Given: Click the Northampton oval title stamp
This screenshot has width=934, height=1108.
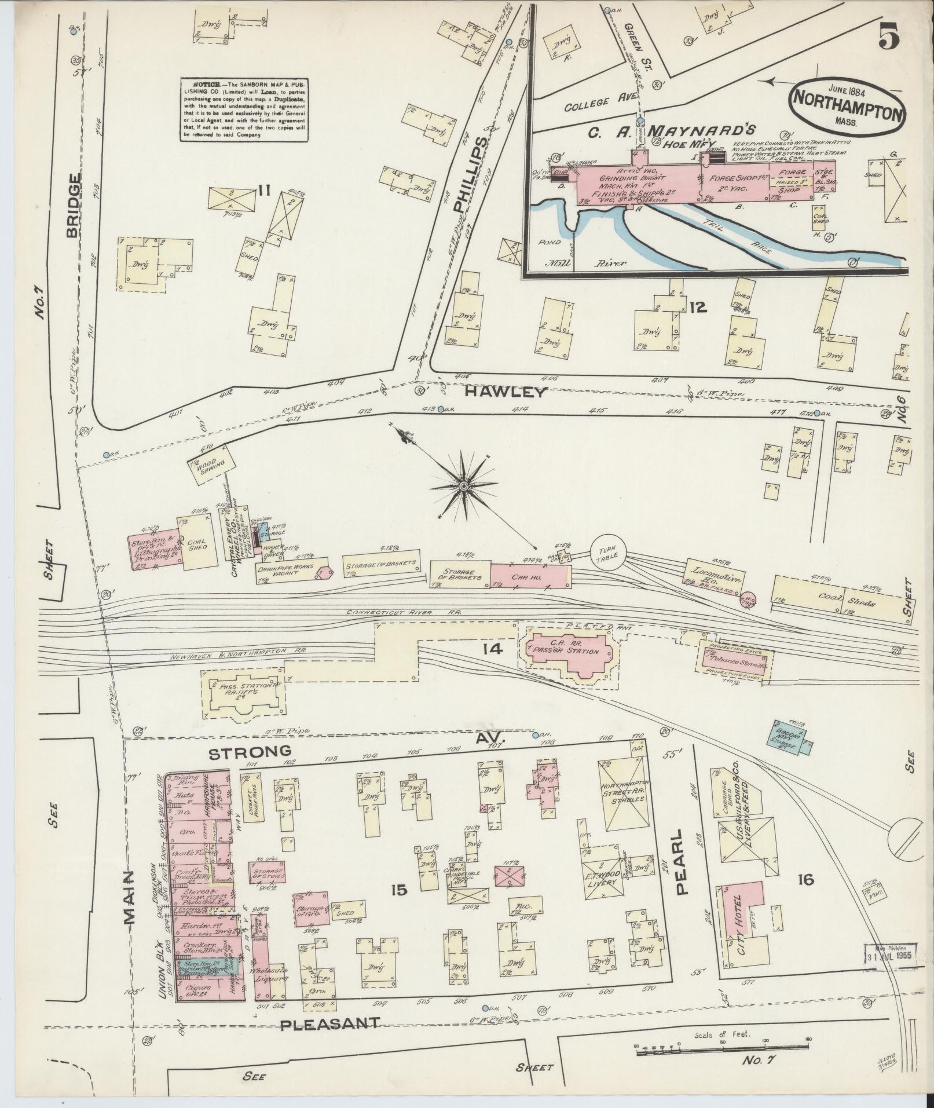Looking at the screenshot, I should click(x=846, y=105).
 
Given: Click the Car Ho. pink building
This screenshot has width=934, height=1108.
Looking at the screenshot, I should click(x=528, y=577).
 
